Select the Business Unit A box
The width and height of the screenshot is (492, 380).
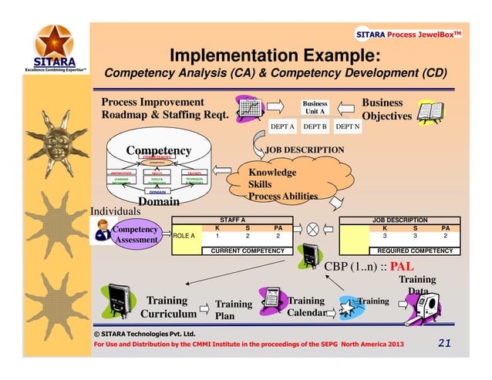tap(315, 107)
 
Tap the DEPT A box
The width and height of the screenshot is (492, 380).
tap(283, 126)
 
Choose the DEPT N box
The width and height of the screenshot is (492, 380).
tap(348, 126)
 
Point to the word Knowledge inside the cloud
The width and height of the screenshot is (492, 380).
tap(272, 173)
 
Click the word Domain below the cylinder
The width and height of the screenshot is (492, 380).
tap(159, 202)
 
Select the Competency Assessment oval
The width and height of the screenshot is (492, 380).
tap(136, 234)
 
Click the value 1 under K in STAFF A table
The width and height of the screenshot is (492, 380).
tap(217, 236)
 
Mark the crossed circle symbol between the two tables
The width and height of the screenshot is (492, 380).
tap(313, 230)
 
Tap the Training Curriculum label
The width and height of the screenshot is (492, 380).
tap(167, 307)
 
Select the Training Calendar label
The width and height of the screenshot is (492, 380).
tap(306, 307)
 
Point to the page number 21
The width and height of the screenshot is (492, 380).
tap(442, 342)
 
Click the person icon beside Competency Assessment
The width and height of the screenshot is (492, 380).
tap(101, 227)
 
